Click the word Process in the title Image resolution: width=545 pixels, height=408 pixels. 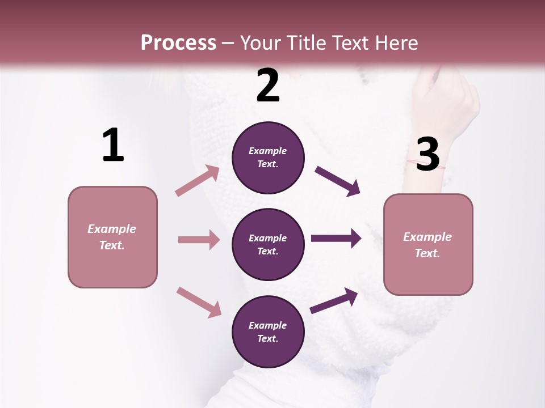point(178,43)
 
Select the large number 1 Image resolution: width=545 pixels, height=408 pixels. point(113,146)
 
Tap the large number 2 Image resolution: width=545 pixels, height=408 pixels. point(268,86)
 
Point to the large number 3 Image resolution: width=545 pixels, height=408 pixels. point(427,154)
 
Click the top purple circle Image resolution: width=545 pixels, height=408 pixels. point(268,158)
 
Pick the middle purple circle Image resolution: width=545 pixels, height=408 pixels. point(268,244)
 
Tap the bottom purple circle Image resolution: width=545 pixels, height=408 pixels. point(268,331)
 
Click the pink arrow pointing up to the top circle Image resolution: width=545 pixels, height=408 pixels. point(198,181)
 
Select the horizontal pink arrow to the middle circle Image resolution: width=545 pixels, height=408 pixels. point(199,240)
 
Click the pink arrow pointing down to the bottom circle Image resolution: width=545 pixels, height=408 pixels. point(199,302)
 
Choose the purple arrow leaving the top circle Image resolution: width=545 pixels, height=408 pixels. point(337,181)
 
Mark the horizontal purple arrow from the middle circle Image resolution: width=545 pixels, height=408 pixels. point(336,239)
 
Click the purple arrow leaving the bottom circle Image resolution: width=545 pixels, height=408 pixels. point(334,300)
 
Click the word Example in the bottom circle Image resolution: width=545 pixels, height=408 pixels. point(268,325)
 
